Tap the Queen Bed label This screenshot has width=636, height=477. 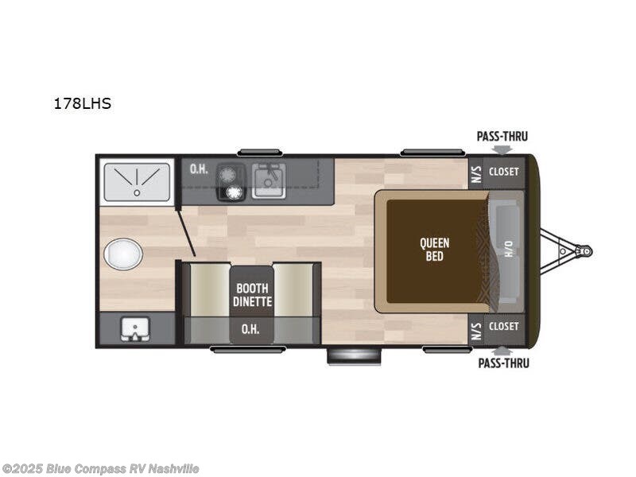(x=434, y=250)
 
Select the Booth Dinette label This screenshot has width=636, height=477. (x=252, y=295)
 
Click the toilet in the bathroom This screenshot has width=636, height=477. (x=123, y=254)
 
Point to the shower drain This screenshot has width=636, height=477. (x=137, y=192)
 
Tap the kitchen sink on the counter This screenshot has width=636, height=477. (x=269, y=180)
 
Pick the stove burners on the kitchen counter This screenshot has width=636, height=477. (x=231, y=182)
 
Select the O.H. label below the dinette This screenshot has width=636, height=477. (x=252, y=328)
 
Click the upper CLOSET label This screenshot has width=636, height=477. (x=503, y=172)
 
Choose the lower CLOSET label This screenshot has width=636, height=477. (x=503, y=327)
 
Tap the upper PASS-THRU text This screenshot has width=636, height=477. (x=502, y=136)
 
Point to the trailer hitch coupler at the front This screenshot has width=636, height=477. (x=585, y=250)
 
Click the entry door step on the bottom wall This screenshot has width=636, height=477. (x=354, y=356)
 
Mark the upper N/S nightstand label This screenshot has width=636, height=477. (x=476, y=172)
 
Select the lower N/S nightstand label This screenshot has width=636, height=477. (x=476, y=328)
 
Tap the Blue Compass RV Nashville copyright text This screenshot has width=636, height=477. (x=101, y=469)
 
